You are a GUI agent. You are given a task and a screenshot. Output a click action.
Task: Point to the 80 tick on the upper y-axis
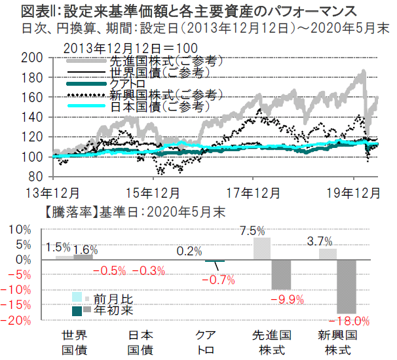point(35,177)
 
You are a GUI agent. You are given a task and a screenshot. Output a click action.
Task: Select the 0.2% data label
point(189,251)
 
